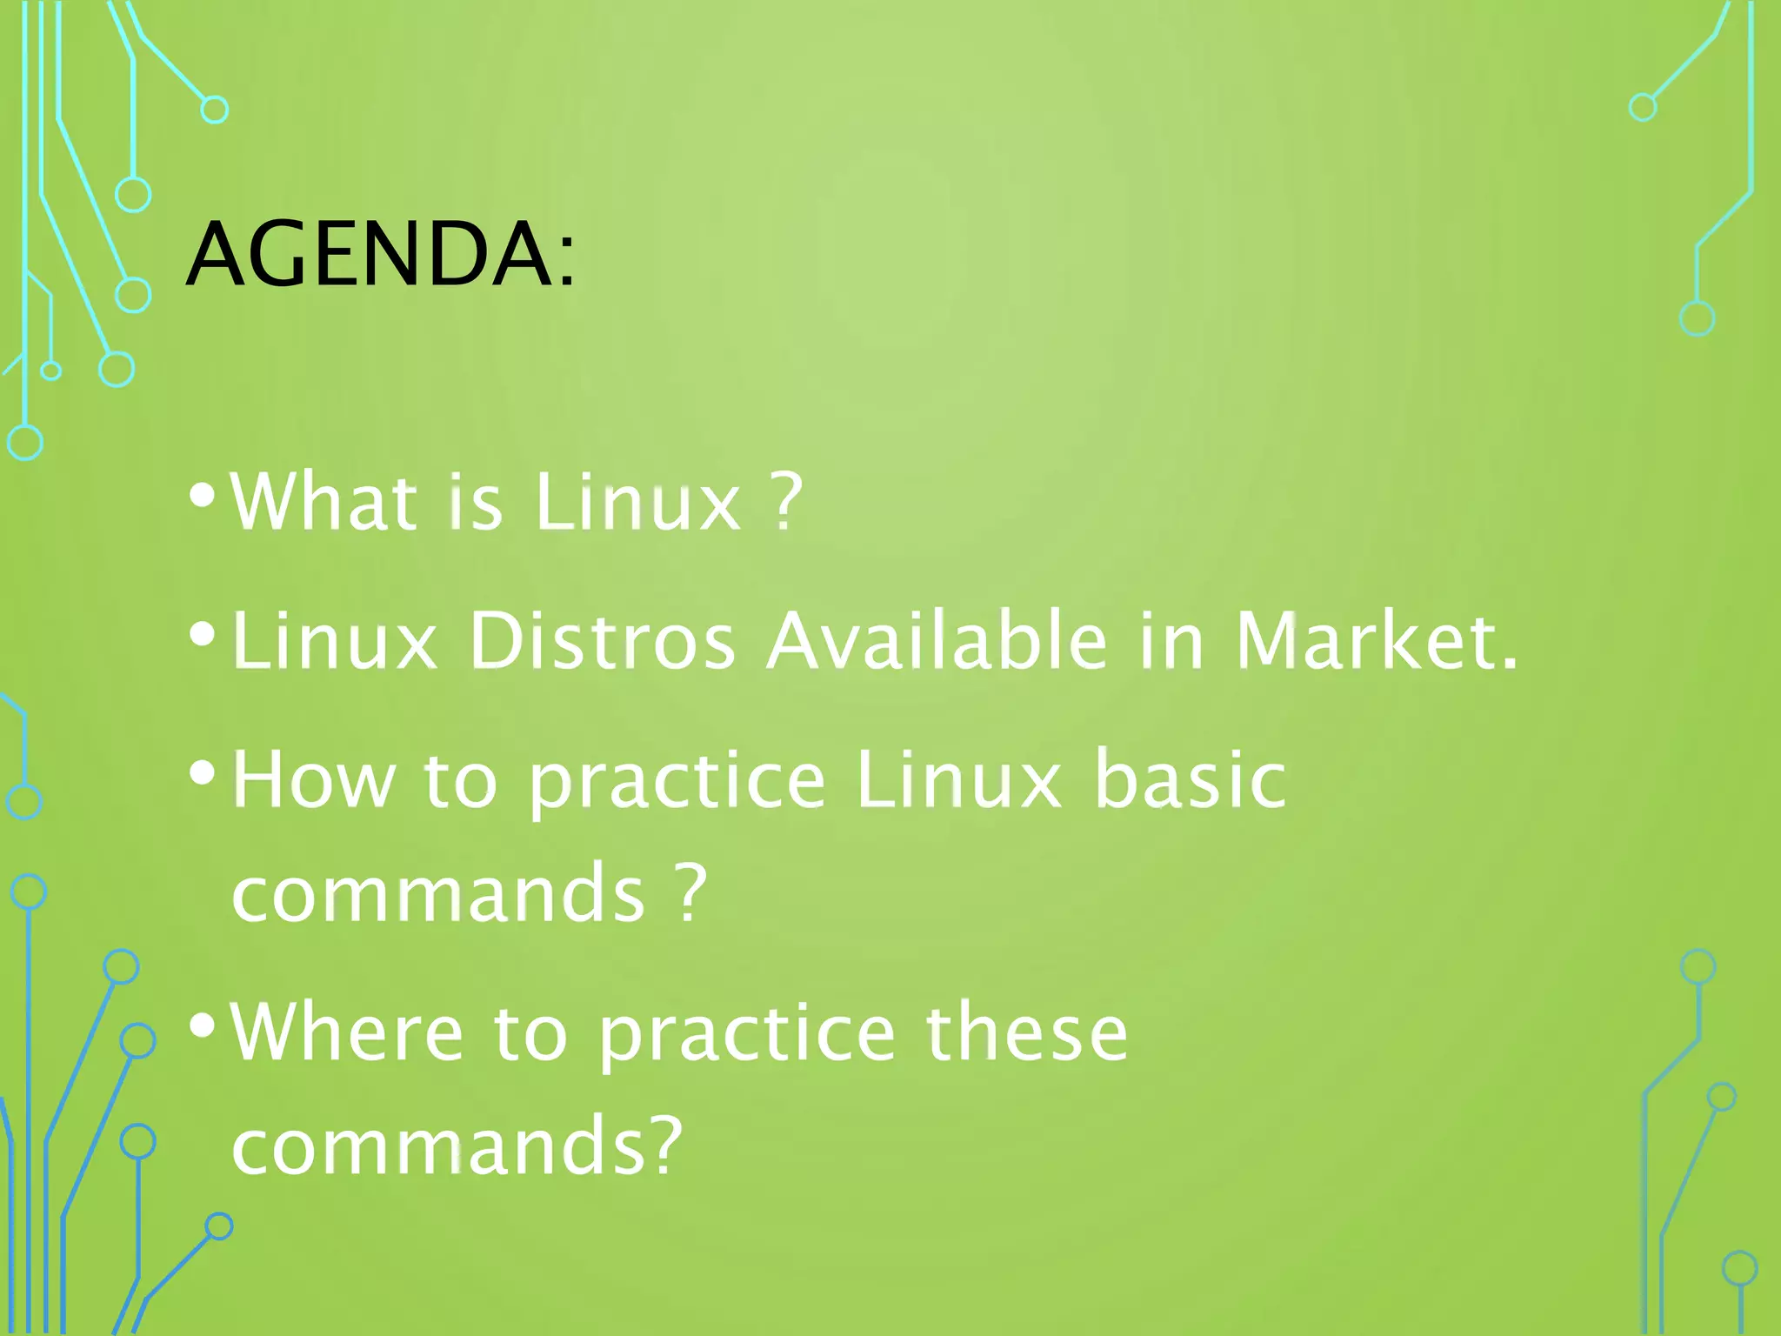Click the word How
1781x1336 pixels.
click(x=314, y=780)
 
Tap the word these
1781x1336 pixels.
click(x=1026, y=1032)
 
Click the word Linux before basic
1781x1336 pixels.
click(x=957, y=780)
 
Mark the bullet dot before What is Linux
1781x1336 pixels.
click(x=202, y=496)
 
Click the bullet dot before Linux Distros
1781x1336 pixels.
click(x=202, y=635)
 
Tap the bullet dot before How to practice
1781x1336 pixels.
click(x=202, y=772)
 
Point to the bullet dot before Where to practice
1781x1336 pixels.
click(x=202, y=1025)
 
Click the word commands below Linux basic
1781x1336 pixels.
click(x=438, y=893)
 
